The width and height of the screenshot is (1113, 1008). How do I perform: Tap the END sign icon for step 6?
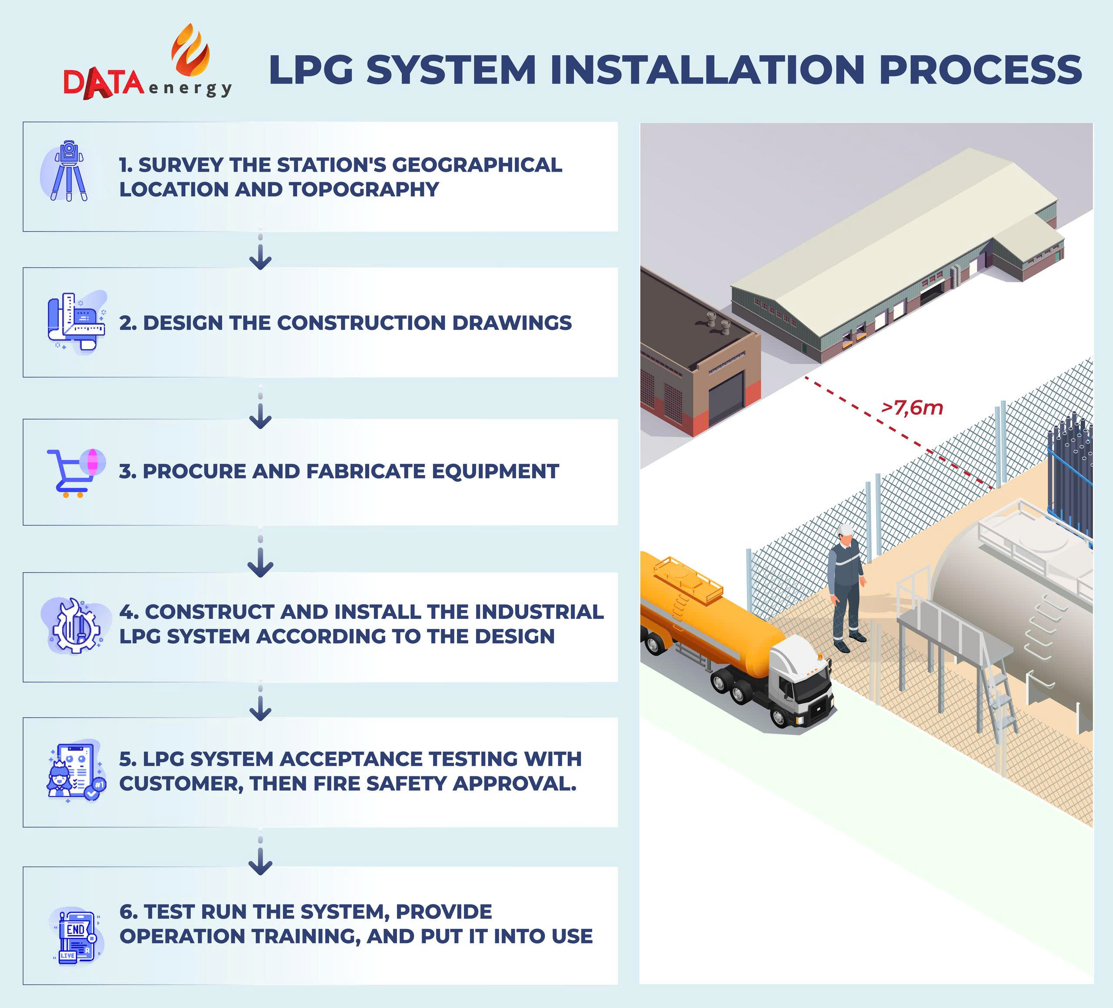76,936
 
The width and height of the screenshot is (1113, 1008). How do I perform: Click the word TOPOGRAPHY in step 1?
364,190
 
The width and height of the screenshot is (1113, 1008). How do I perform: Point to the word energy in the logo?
190,88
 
